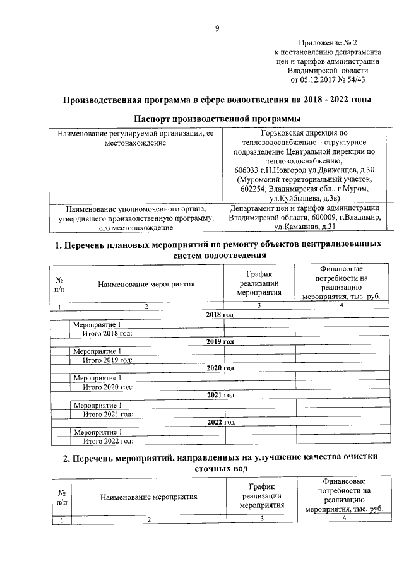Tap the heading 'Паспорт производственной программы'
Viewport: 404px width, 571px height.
[x=217, y=119]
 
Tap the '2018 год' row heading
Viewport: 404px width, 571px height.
[x=220, y=315]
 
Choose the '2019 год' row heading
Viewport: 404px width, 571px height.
[x=220, y=341]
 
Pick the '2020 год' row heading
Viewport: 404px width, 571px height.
[x=220, y=368]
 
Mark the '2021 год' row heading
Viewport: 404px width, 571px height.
[x=220, y=396]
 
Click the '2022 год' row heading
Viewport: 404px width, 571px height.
[x=220, y=422]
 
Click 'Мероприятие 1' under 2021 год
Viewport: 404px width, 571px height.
[x=97, y=404]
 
